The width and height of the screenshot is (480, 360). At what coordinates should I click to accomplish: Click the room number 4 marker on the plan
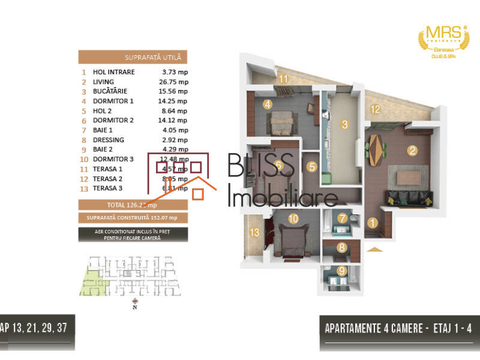268,104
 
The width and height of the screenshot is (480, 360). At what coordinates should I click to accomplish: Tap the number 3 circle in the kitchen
344,125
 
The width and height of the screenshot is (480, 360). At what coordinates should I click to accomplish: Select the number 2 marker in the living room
412,151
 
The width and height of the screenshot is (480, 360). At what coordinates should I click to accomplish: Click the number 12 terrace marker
374,109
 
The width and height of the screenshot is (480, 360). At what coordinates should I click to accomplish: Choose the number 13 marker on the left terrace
254,233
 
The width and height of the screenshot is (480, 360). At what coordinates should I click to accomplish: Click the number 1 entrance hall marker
373,224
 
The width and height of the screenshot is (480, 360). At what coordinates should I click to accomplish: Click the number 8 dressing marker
341,247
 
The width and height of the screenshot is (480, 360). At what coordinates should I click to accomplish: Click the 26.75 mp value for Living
175,82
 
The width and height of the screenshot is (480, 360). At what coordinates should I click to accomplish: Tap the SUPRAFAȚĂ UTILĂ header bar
133,58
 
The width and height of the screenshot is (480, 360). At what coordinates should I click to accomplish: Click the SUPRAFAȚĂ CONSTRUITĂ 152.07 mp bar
133,217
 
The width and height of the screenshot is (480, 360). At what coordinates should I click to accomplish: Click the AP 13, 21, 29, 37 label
37,329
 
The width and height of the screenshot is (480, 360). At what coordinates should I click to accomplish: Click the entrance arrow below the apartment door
374,249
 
